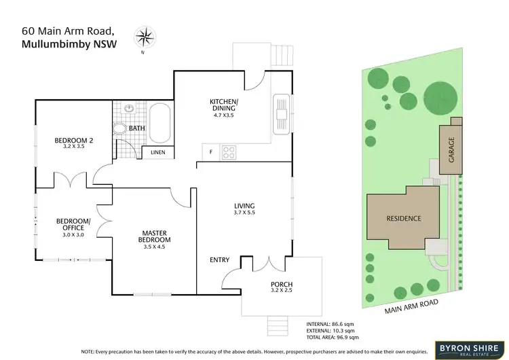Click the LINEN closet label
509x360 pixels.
click(x=157, y=153)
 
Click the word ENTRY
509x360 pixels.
click(x=219, y=259)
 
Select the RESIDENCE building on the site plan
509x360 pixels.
click(x=404, y=219)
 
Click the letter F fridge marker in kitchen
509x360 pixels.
click(x=211, y=151)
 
